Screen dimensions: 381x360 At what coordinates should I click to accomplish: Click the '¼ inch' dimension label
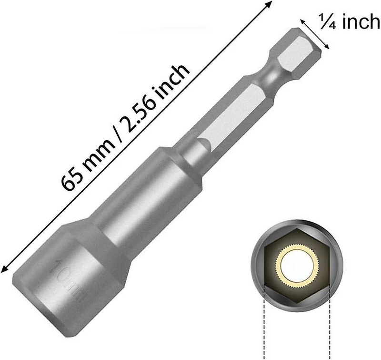(350, 22)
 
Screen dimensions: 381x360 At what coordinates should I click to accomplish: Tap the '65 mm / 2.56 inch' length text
(125, 127)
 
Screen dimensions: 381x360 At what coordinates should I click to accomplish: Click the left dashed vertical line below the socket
(264, 321)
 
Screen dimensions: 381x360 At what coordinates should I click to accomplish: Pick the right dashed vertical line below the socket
(330, 321)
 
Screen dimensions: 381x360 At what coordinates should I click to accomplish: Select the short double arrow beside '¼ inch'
(315, 34)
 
